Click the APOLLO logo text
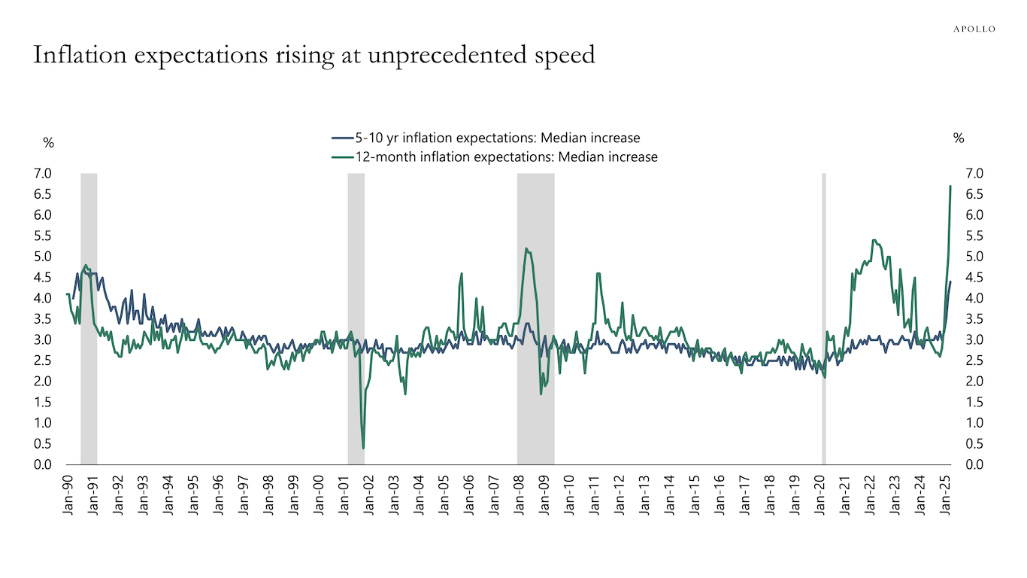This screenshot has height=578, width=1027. tap(974, 29)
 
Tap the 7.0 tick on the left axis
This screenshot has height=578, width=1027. tap(43, 174)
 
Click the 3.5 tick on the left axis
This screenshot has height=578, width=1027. tap(43, 319)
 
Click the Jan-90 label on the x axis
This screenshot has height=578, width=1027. tap(68, 494)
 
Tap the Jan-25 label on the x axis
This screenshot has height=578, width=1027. tap(946, 494)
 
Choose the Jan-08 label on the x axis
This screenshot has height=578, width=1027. tap(520, 494)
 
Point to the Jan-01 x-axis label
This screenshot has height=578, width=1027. tap(344, 494)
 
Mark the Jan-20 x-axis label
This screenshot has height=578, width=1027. tap(820, 494)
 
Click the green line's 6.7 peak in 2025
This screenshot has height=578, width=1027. tap(950, 186)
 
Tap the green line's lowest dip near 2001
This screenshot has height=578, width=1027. tap(364, 448)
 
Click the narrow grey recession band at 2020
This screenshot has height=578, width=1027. tap(824, 316)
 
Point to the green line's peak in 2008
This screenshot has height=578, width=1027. tap(526, 249)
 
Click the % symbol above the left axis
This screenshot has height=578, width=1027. tap(48, 143)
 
